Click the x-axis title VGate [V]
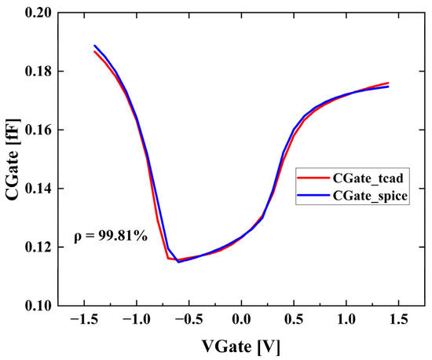click(x=241, y=345)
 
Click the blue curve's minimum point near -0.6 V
click(x=178, y=261)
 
